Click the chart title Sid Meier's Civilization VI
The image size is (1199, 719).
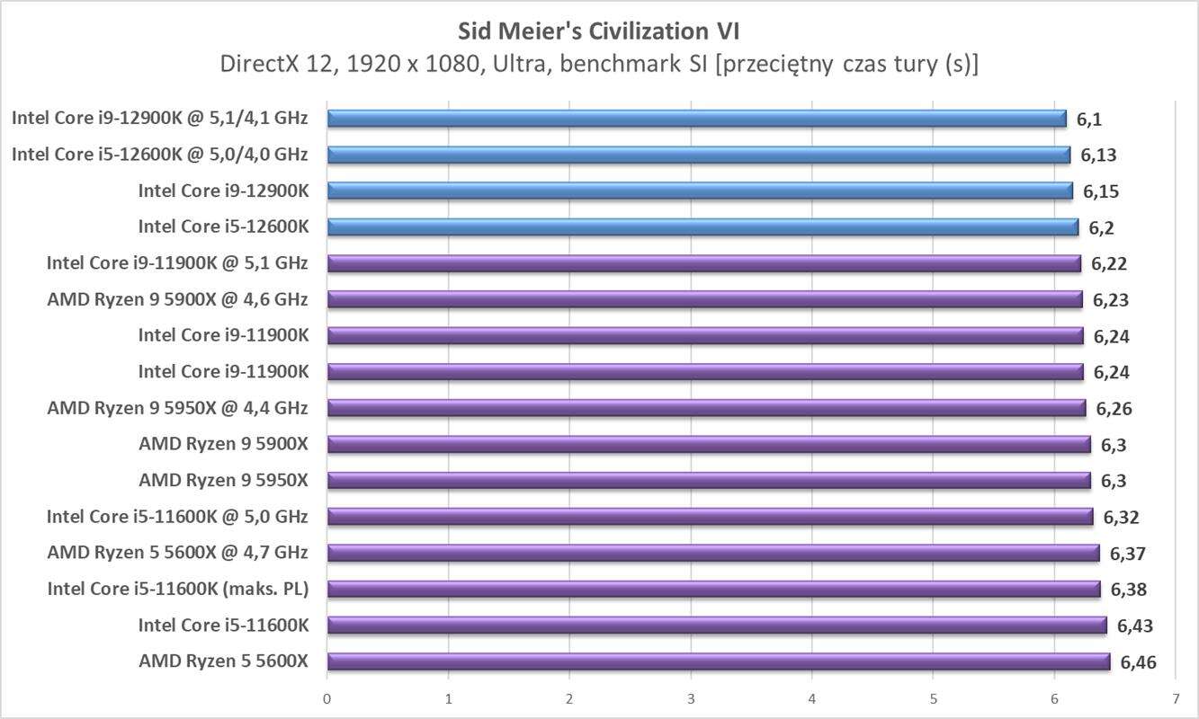(x=598, y=31)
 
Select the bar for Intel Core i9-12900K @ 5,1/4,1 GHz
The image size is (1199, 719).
(x=696, y=119)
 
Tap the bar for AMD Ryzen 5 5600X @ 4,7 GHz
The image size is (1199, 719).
(x=712, y=553)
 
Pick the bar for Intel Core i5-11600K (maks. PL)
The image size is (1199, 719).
(x=713, y=589)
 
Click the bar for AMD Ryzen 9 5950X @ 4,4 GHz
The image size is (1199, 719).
(x=706, y=408)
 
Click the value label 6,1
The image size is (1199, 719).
(x=1089, y=120)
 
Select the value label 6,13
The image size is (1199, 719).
(x=1098, y=155)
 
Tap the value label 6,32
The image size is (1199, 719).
(x=1122, y=517)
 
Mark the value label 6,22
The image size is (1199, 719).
(x=1109, y=264)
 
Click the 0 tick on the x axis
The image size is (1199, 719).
(x=327, y=698)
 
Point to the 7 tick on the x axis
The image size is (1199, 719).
(x=1175, y=698)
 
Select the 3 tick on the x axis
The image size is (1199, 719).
(x=691, y=698)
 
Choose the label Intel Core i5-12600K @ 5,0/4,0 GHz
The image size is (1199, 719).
(x=159, y=155)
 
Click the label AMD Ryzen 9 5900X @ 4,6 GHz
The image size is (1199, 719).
(x=177, y=299)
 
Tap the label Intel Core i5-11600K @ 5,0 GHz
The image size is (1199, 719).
(x=177, y=516)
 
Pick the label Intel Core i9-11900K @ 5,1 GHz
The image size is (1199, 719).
(x=177, y=263)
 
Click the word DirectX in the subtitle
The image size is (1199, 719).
(x=261, y=65)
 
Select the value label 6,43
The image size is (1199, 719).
(x=1135, y=626)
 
